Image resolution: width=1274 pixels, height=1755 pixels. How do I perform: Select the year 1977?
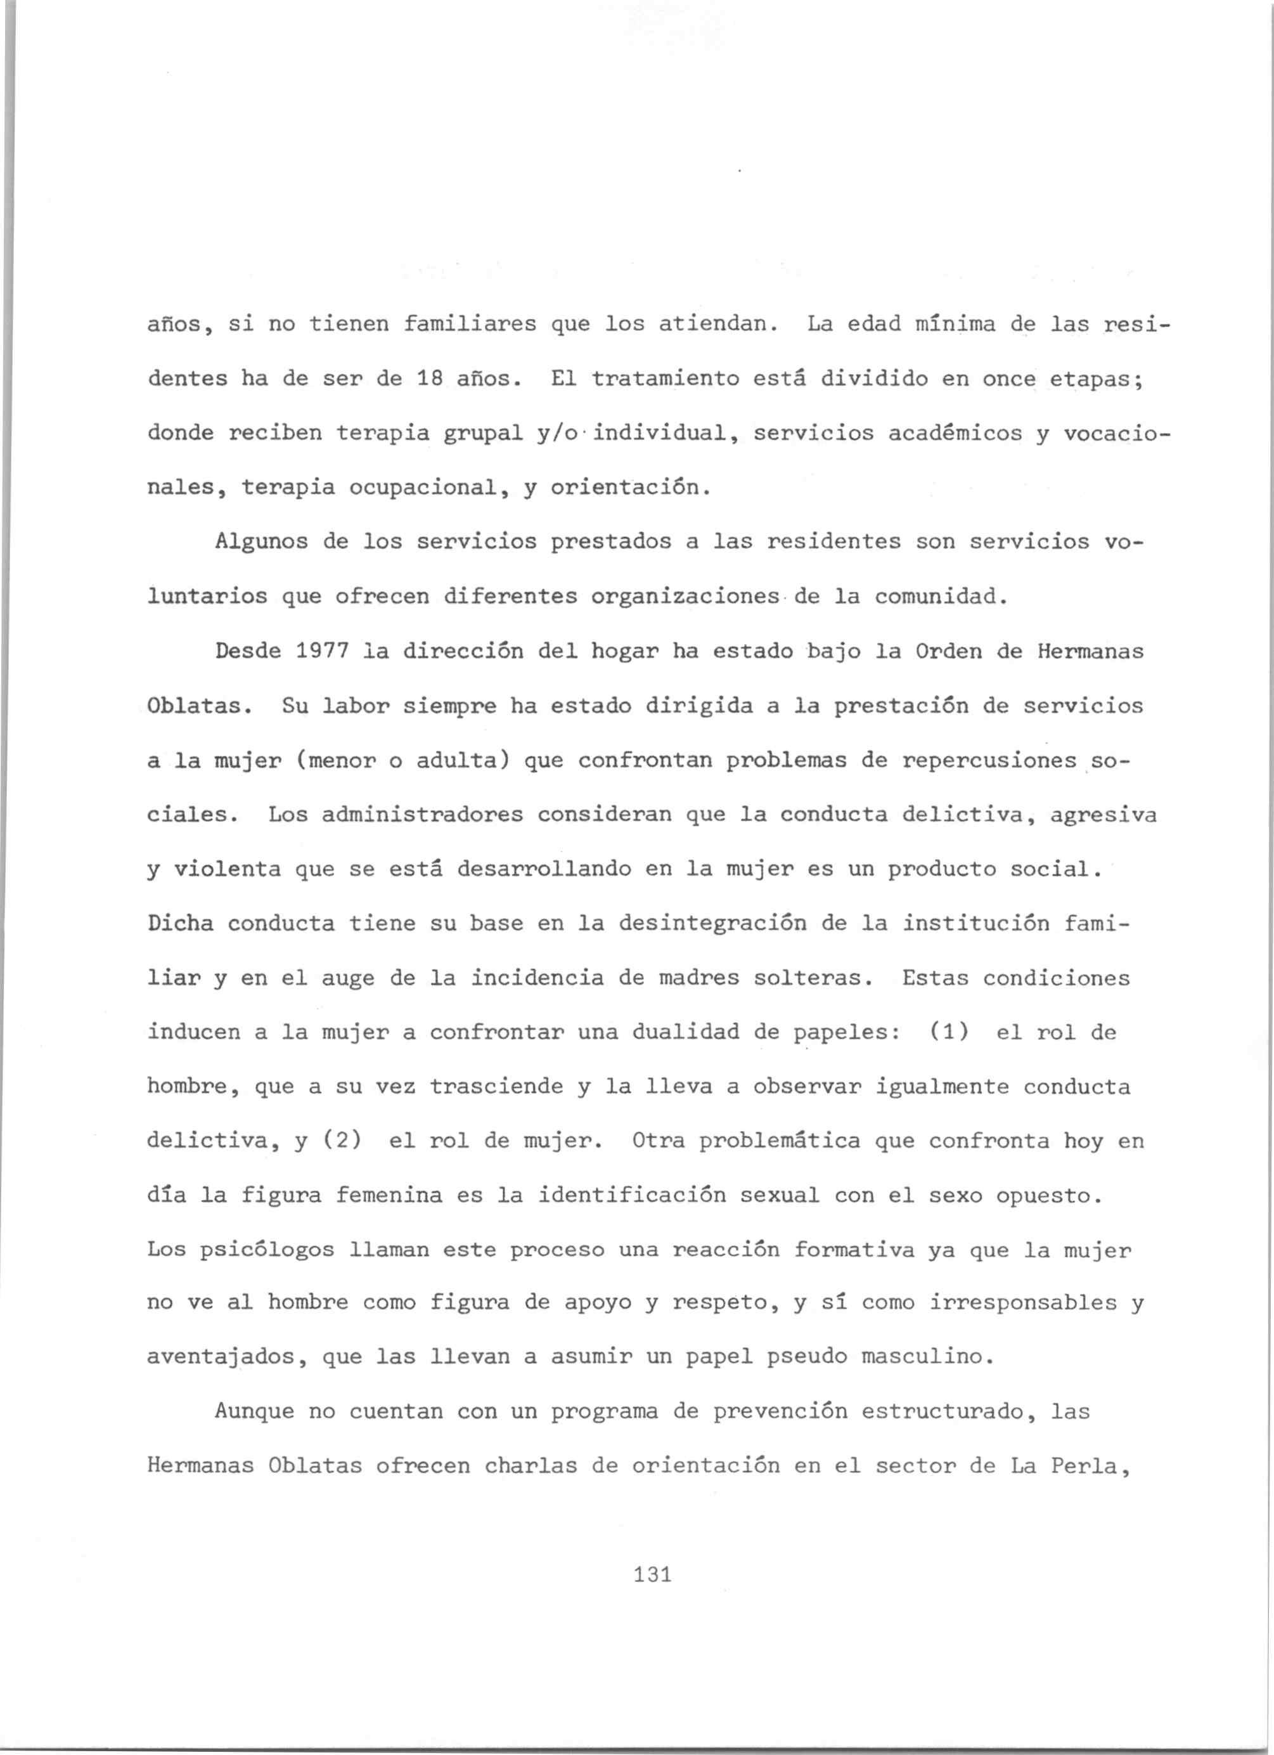[322, 652]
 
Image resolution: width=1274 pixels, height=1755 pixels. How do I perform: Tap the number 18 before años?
[429, 379]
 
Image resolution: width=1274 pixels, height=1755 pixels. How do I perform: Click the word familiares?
[470, 324]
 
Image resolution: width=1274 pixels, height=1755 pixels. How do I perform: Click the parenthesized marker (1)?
[948, 1033]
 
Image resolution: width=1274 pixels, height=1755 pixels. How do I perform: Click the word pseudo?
[806, 1359]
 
